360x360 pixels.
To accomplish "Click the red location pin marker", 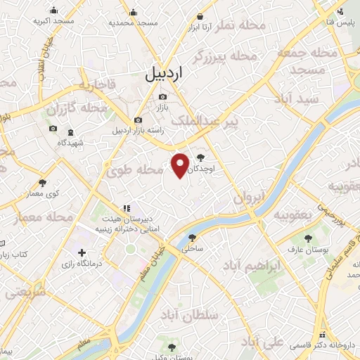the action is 181,165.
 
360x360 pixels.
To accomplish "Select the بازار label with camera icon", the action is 162,107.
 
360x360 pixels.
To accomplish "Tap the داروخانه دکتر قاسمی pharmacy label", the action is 324,345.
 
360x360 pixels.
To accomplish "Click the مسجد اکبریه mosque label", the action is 53,22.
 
